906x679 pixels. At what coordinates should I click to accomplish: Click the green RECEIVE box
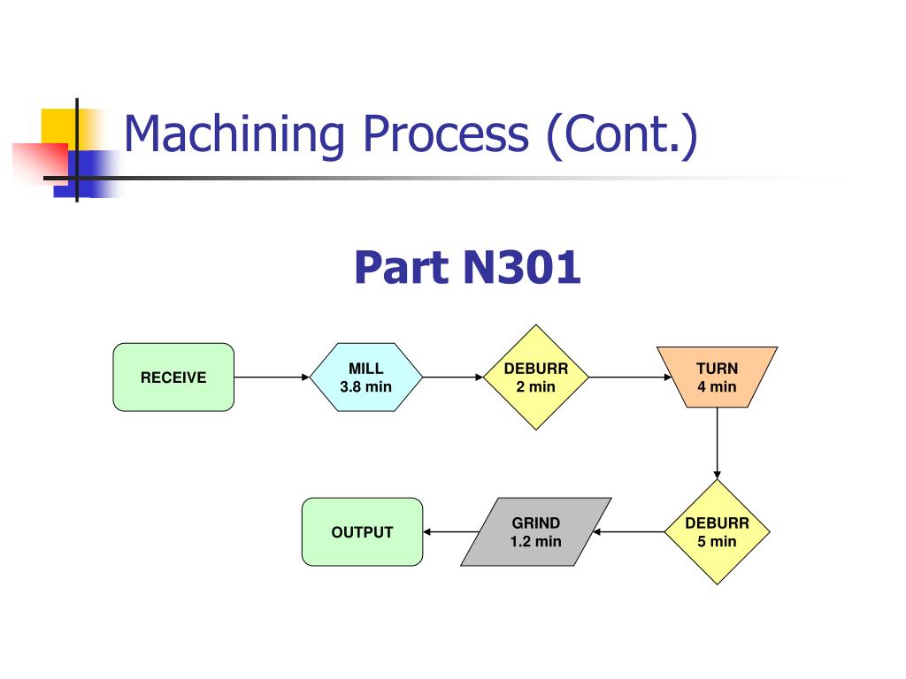click(x=173, y=377)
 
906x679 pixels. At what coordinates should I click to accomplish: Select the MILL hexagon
click(x=366, y=377)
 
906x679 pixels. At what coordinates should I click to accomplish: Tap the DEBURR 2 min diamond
click(x=536, y=377)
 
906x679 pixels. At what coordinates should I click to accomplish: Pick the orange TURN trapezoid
click(x=717, y=377)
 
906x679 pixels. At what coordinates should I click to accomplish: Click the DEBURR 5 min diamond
click(x=717, y=531)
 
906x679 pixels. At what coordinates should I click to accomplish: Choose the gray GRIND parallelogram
click(x=536, y=531)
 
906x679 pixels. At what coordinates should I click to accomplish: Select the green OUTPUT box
click(x=362, y=531)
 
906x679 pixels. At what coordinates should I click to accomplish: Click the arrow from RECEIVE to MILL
click(x=273, y=377)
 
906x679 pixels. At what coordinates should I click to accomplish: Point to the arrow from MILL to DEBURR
click(x=453, y=377)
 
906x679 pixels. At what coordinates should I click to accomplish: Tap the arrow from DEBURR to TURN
click(x=630, y=377)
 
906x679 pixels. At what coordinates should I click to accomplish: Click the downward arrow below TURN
click(x=717, y=444)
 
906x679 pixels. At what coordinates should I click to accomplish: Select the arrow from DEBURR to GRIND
click(x=629, y=531)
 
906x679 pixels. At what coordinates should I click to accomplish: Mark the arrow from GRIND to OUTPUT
click(x=450, y=531)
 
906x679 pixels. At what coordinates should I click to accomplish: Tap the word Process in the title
click(x=446, y=134)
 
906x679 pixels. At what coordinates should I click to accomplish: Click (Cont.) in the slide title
click(x=622, y=136)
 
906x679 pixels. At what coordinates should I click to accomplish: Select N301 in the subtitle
click(x=522, y=267)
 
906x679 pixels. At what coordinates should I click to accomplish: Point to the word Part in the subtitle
click(x=402, y=267)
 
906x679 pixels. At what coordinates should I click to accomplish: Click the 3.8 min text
click(x=365, y=386)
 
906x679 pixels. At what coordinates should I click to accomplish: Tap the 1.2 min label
click(x=535, y=541)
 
